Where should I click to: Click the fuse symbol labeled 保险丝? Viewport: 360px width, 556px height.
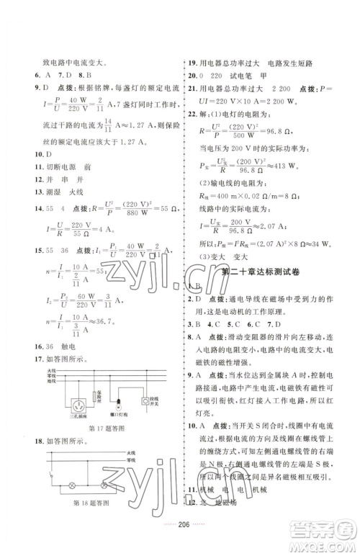click(x=96, y=396)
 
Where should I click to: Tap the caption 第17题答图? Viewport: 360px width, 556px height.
click(x=102, y=429)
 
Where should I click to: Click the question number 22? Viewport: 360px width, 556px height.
click(x=193, y=113)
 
